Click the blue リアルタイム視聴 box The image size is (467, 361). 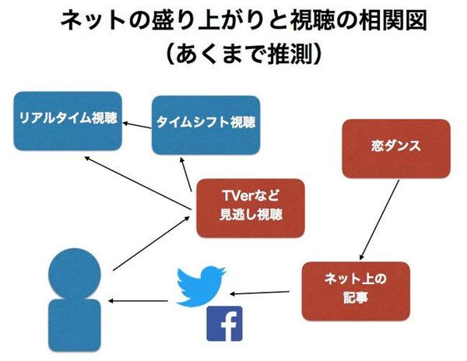tap(68, 121)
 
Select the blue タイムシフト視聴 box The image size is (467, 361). tap(205, 125)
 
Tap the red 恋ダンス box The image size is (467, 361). tap(396, 149)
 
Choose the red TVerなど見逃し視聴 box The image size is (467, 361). tap(251, 209)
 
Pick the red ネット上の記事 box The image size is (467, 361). tap(356, 291)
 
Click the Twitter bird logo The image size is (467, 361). tap(201, 286)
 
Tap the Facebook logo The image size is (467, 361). tap(224, 324)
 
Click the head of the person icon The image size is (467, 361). tap(75, 274)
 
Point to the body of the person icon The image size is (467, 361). tap(75, 325)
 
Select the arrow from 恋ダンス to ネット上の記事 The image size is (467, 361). tap(379, 219)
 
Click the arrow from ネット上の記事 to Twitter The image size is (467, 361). tap(259, 293)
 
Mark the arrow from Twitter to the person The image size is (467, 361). tap(138, 301)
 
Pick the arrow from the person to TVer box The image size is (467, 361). tap(151, 244)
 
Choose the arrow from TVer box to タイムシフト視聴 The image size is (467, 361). tap(186, 175)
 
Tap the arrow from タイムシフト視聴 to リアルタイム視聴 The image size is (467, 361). tap(137, 125)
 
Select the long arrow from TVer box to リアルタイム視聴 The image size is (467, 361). tap(137, 183)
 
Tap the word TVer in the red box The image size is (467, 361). tap(238, 196)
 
